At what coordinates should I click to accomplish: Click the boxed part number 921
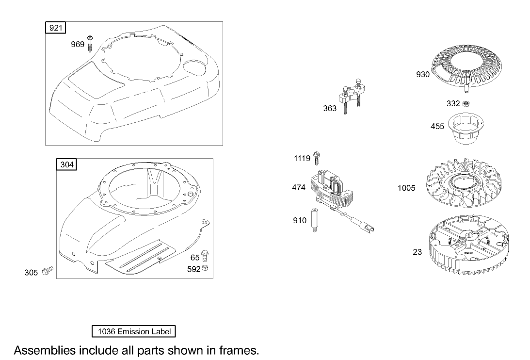(x=55, y=28)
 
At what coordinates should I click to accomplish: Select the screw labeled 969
(x=90, y=44)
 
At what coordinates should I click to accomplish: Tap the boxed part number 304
(x=66, y=164)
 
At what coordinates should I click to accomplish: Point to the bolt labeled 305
(x=48, y=270)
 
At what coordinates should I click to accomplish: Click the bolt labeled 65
(x=205, y=256)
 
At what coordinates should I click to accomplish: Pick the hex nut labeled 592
(x=205, y=268)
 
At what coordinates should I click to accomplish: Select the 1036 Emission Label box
(x=134, y=331)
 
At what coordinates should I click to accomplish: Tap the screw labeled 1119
(x=317, y=158)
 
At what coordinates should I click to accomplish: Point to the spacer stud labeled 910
(x=314, y=220)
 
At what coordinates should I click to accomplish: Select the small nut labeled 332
(x=466, y=103)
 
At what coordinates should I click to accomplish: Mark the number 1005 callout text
(x=406, y=188)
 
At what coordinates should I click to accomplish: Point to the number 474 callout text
(x=299, y=187)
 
